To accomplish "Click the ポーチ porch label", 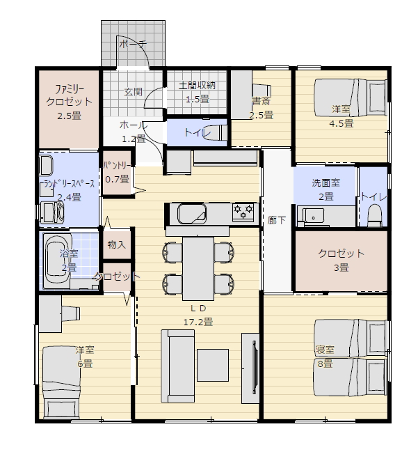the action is tap(133, 44).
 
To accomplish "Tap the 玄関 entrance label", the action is tap(133, 92).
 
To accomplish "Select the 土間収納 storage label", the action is tap(197, 86).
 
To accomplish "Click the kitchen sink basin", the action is tap(192, 214).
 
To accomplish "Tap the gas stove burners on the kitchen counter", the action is tap(243, 212).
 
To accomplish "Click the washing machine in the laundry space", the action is tap(52, 212).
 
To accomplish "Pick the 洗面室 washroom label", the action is tap(325, 182).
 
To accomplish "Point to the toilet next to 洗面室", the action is tap(375, 215).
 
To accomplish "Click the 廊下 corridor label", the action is tap(276, 221).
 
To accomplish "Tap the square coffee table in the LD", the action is tap(213, 365).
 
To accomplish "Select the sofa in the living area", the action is tap(177, 366).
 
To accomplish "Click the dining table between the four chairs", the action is tap(198, 269).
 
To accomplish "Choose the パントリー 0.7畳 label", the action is tap(117, 173).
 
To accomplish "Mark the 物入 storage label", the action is tap(117, 244).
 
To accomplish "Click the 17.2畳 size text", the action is tap(198, 322).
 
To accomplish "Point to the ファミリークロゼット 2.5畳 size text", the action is tap(69, 116).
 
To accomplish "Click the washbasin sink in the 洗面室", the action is tap(313, 215).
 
